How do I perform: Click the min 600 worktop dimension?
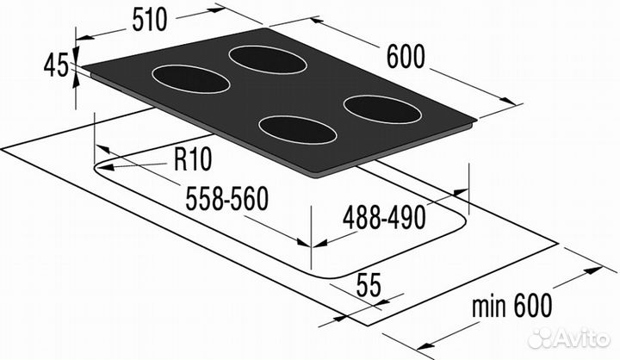pyautogui.click(x=512, y=304)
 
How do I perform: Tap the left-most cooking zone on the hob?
pyautogui.click(x=190, y=79)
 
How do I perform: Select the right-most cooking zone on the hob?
pyautogui.click(x=381, y=109)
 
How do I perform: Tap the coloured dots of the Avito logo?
pyautogui.click(x=542, y=334)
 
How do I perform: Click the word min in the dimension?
pyautogui.click(x=493, y=304)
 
